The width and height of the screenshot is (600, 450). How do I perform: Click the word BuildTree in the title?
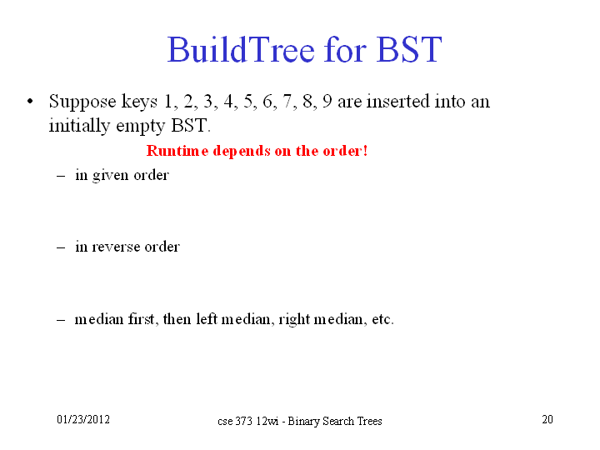tap(241, 49)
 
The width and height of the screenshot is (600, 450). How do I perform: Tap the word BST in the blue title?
tap(408, 49)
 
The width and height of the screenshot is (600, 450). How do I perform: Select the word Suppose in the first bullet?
tap(82, 102)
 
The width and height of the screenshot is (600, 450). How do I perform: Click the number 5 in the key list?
tap(247, 102)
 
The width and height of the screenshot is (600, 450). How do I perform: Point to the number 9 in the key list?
tap(327, 102)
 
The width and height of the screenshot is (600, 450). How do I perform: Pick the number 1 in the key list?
tap(168, 102)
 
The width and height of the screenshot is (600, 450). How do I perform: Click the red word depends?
tap(242, 152)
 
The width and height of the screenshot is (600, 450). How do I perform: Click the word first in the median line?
tap(141, 318)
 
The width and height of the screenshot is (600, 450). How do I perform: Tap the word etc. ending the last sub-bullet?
tap(382, 319)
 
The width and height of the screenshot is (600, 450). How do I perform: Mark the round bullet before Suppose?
tap(30, 102)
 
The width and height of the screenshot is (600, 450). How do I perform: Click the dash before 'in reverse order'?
tap(61, 247)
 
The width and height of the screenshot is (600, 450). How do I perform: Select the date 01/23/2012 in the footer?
tap(83, 419)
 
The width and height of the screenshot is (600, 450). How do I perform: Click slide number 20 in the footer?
tap(547, 419)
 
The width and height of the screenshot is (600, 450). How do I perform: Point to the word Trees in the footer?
tap(369, 422)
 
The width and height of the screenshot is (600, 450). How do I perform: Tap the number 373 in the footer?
tap(243, 422)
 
